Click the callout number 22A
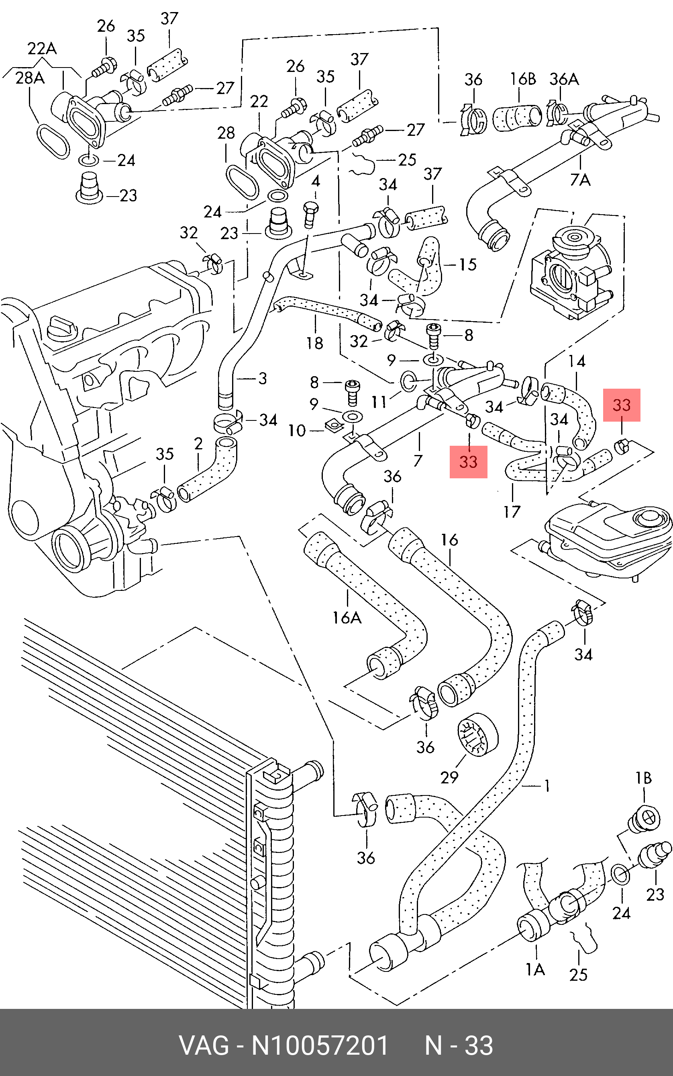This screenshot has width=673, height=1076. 42,48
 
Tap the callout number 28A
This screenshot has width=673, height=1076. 30,78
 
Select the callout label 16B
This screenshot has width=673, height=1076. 522,79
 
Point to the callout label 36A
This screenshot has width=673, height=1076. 564,79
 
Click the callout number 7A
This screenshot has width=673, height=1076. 580,180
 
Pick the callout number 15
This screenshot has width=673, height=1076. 467,264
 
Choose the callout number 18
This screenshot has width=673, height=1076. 314,343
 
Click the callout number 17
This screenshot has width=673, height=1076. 512,512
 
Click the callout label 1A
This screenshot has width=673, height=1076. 535,969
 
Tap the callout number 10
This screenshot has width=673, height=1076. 297,430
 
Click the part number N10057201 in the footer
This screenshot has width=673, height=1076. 320,1046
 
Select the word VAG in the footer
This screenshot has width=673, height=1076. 204,1046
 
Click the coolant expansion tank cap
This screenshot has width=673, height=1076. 648,519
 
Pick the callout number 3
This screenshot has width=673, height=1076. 263,379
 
